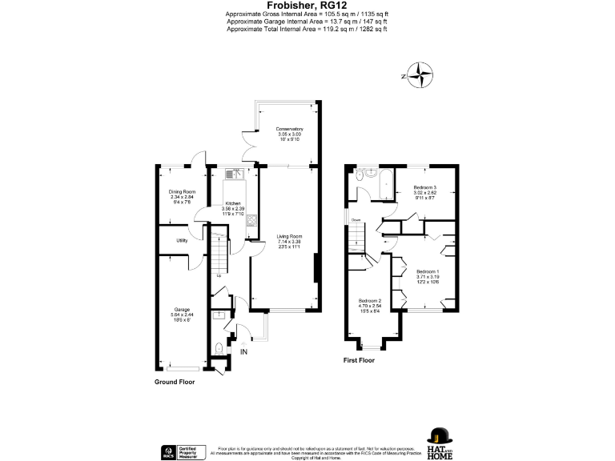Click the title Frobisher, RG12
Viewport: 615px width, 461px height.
coord(307,6)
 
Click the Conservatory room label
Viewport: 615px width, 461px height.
coord(289,129)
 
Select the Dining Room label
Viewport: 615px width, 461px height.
coord(182,192)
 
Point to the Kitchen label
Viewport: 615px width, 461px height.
coord(232,203)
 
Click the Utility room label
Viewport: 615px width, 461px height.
coord(182,239)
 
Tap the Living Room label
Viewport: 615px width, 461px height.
coord(289,236)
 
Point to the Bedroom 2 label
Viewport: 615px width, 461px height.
coord(369,299)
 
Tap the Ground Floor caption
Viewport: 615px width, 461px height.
coord(175,382)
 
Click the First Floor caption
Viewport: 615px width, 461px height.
coord(360,360)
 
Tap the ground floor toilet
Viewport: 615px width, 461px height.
coord(219,347)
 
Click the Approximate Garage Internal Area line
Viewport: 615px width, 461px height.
coord(307,22)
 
